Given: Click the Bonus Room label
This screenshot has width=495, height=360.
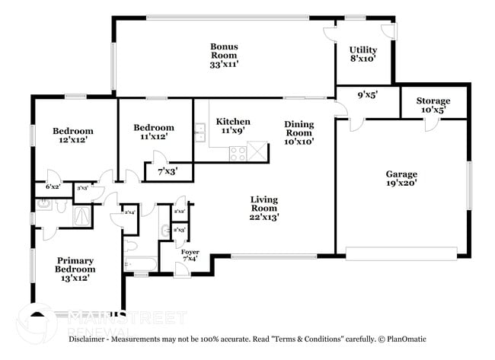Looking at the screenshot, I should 225,56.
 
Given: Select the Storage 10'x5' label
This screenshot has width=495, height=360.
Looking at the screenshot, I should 433,105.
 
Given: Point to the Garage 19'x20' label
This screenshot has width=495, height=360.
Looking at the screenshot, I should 401,179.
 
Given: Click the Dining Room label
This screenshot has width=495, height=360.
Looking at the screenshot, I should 299,132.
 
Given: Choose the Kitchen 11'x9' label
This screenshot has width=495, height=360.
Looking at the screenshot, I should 233,126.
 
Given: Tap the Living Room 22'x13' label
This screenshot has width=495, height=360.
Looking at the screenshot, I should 265,208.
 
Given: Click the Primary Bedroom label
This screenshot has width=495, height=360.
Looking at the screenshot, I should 76,269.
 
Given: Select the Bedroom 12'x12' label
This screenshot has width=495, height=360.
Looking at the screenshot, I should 68,135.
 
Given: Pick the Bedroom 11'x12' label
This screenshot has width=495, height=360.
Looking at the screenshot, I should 154,132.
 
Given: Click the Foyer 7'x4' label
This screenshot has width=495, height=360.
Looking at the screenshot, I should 190,256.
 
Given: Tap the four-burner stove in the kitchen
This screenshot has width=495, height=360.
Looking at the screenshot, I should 238,152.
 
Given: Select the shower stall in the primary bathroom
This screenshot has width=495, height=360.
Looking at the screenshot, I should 80,218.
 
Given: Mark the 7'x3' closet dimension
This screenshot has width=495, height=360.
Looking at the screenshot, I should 167,171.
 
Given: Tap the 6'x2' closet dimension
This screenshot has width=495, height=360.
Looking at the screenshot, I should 53,186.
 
